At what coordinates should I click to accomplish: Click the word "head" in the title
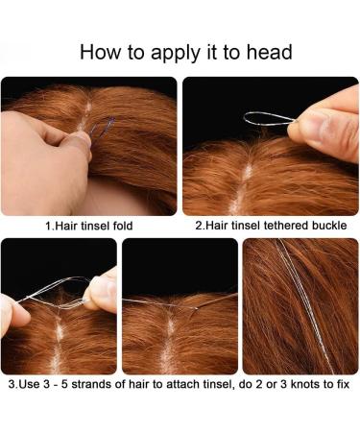click(269, 52)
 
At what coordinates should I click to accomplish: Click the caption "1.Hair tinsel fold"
click(89, 226)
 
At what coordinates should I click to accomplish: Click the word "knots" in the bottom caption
click(303, 384)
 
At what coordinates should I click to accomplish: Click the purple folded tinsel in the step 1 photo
click(103, 127)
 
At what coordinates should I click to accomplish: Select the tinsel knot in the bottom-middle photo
click(195, 308)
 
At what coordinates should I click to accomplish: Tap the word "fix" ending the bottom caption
click(342, 384)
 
